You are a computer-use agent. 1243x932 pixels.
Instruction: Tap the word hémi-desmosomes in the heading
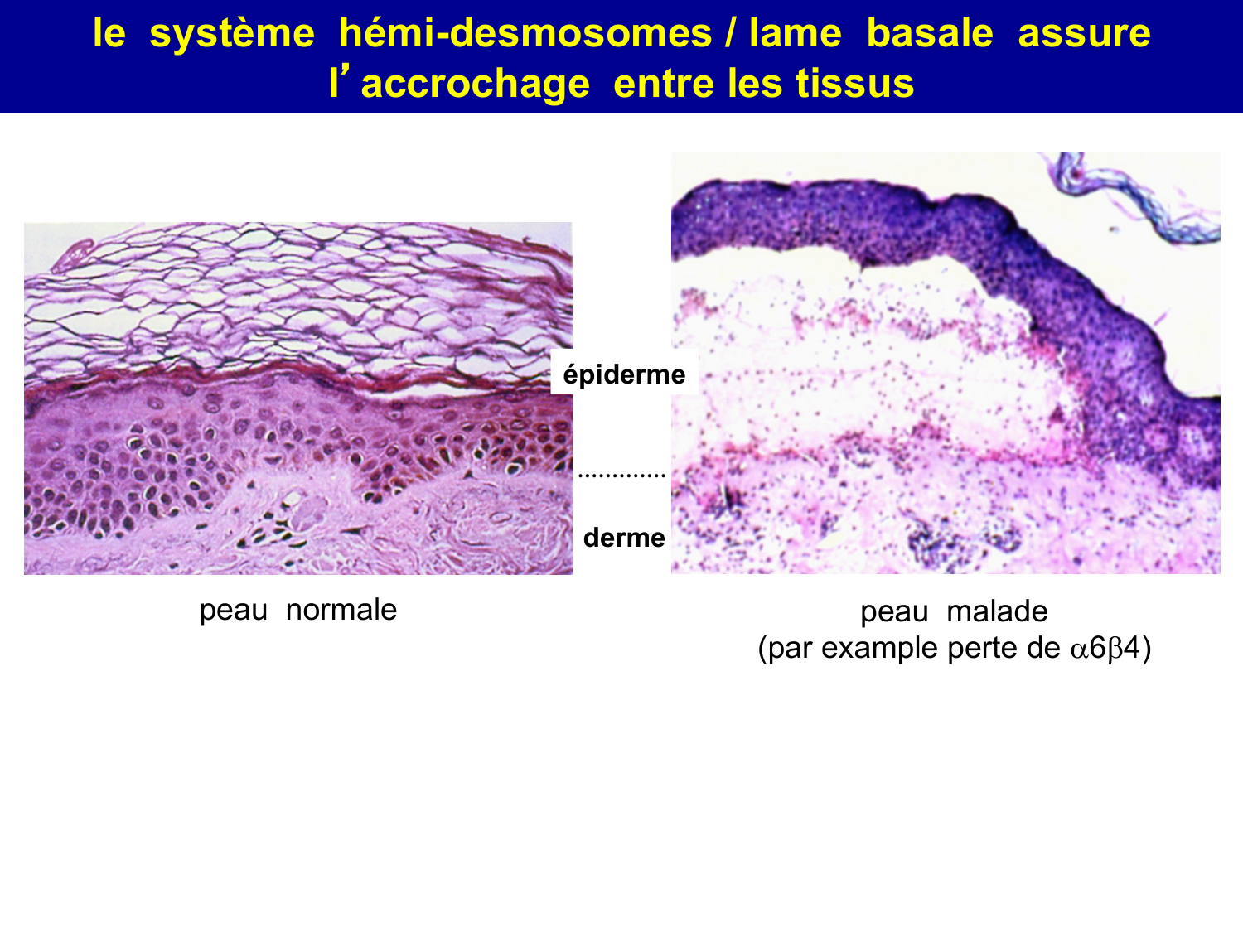click(525, 33)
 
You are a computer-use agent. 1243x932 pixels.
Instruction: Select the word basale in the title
click(930, 33)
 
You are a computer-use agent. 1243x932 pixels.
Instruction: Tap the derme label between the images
click(624, 538)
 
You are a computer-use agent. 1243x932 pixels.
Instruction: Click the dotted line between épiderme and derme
click(621, 476)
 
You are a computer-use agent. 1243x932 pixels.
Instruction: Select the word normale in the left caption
click(341, 610)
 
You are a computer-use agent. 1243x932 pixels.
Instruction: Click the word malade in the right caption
click(997, 611)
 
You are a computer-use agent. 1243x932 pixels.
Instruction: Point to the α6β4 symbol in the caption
click(1105, 649)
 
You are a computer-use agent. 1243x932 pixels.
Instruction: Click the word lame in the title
click(795, 33)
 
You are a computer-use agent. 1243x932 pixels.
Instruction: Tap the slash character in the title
click(731, 33)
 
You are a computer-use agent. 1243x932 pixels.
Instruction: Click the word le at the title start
click(109, 33)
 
